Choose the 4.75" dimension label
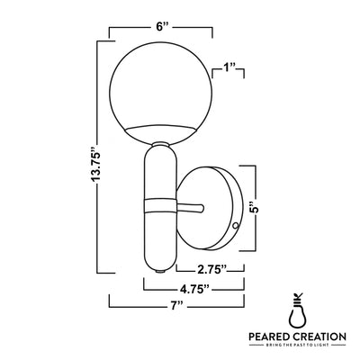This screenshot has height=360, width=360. tap(193, 291)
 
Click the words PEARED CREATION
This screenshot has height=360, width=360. tap(296, 337)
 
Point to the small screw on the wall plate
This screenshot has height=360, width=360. tap(235, 227)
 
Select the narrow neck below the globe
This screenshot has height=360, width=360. tap(159, 144)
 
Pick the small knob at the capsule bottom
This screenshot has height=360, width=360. tap(159, 268)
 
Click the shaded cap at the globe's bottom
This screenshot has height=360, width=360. tap(159, 130)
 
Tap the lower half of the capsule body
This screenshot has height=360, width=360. tap(159, 234)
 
